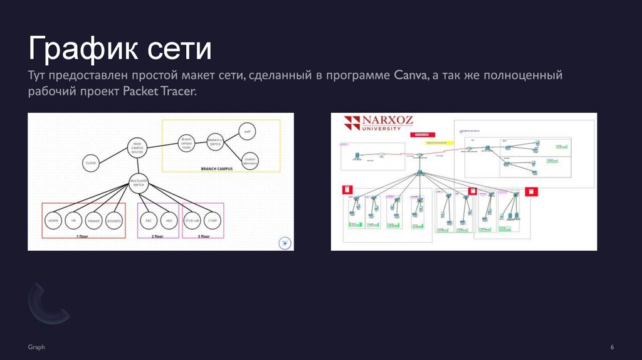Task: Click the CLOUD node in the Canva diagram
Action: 91,163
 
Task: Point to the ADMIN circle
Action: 53,221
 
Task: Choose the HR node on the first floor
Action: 73,221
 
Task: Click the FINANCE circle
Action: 93,221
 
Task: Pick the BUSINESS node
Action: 114,221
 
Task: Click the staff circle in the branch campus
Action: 247,132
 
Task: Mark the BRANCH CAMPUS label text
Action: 217,169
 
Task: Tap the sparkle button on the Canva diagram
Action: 284,243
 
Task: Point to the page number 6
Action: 611,347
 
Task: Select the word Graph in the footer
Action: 36,347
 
